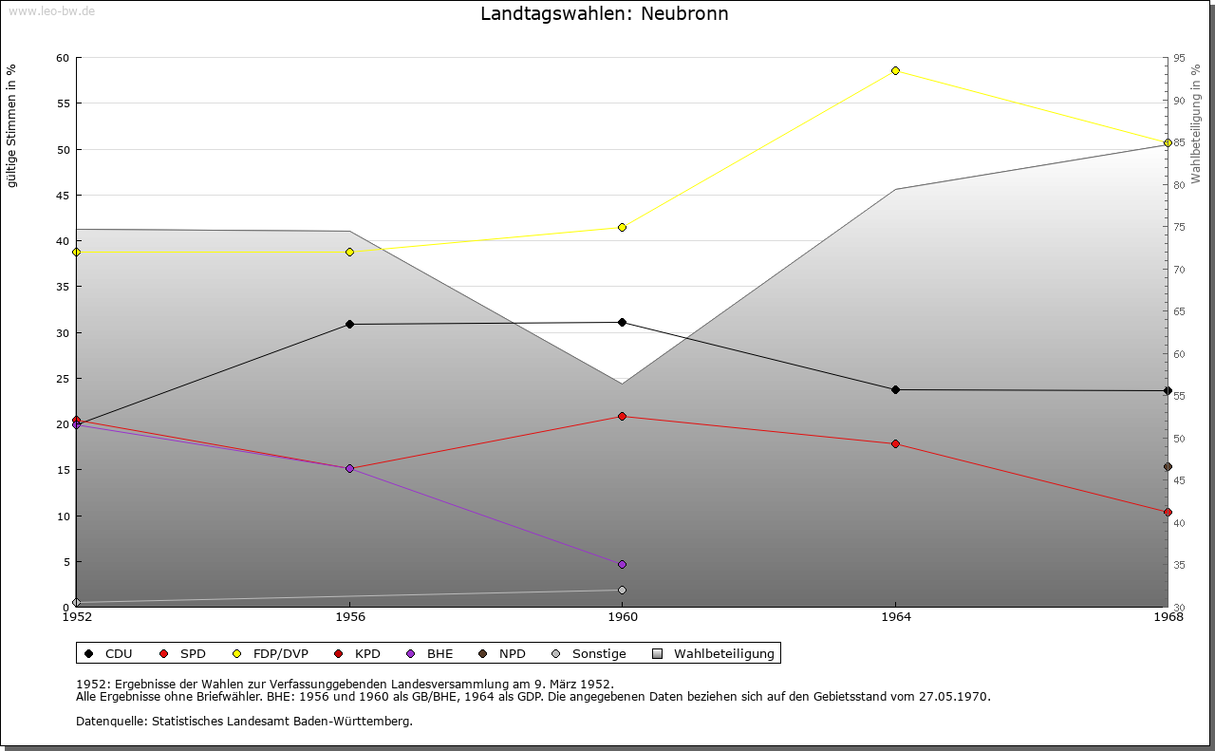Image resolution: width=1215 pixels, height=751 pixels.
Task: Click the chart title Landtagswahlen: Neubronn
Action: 605,14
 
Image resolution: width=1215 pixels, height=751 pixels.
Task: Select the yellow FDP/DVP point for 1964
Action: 895,70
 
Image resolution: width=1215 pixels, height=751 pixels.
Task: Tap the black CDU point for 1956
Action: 349,324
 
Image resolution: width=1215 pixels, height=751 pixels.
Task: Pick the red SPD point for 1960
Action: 622,416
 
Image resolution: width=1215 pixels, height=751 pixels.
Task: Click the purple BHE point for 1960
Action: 622,564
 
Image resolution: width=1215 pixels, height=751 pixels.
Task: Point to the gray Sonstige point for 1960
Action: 622,590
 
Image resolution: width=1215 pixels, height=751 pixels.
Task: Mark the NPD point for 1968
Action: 1168,466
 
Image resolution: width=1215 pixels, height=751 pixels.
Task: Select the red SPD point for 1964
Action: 895,443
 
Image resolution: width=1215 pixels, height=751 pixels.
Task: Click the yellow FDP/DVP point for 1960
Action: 622,227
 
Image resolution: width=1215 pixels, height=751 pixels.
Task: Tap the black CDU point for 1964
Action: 895,389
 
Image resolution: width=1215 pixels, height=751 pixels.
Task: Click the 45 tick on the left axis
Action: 63,196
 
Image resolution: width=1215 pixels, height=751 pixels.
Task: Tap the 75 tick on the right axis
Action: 1179,227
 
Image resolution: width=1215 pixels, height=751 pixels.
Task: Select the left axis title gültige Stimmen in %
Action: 12,125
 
